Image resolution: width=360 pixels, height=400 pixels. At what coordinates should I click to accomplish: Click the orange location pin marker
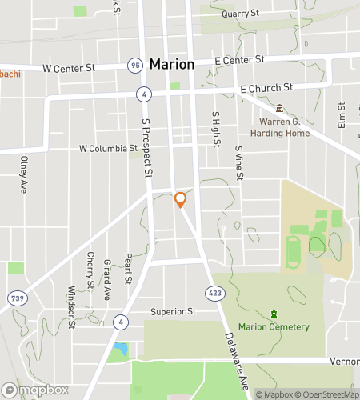181,199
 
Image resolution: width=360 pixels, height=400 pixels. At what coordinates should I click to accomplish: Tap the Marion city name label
172,64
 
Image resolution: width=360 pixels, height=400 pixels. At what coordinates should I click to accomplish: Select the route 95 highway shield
134,65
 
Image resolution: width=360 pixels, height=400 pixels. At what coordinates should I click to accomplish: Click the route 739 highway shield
15,298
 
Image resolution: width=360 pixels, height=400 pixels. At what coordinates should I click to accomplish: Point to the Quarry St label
241,14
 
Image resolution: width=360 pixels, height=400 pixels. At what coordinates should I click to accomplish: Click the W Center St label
70,68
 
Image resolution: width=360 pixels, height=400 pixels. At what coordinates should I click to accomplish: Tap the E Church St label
266,86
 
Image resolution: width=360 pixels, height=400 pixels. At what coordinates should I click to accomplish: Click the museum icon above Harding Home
279,108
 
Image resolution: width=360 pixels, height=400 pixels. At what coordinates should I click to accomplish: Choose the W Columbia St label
108,148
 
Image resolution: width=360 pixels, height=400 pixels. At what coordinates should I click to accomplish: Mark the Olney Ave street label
24,174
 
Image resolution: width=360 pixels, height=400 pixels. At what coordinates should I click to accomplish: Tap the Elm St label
342,116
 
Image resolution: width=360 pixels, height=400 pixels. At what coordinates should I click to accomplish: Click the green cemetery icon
274,313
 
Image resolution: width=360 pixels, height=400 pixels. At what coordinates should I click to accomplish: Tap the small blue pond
120,350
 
